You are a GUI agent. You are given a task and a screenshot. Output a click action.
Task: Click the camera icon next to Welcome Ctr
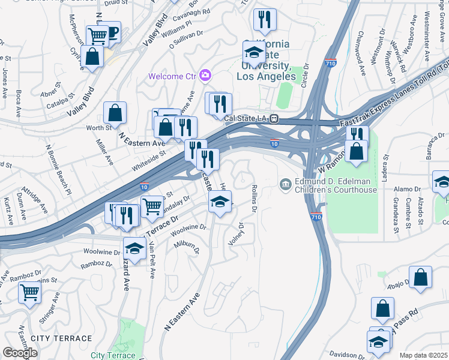(206, 76)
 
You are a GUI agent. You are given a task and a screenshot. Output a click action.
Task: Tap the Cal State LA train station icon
(273, 118)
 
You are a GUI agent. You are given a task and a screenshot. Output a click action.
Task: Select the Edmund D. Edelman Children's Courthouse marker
(286, 183)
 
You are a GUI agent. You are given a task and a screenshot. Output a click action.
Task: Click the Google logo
(20, 353)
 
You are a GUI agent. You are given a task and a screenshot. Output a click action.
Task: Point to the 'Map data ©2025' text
(423, 355)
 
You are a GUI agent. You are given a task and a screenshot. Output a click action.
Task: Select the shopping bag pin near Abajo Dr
(420, 277)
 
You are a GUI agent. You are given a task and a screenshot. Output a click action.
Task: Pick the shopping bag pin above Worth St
(115, 112)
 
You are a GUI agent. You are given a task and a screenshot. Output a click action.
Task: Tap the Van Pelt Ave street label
(152, 260)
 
